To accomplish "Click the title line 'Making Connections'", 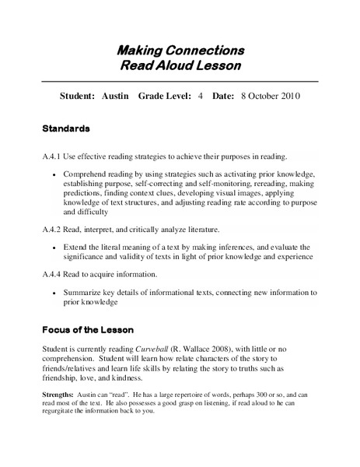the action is pos(180,51).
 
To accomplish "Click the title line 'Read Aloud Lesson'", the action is pos(180,66).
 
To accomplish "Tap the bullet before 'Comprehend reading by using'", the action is pos(54,174).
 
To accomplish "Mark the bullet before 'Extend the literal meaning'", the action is pos(54,247).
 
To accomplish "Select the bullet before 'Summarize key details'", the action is pos(54,293).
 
